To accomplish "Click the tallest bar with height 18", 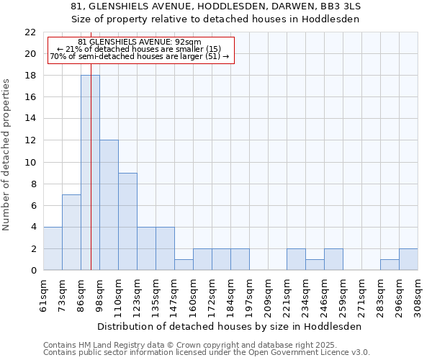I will (90, 173).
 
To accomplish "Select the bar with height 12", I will (109, 205).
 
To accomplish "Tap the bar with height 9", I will (127, 221).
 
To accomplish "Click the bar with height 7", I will (71, 232).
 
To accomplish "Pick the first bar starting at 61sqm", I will (53, 248).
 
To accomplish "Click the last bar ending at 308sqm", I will (408, 259).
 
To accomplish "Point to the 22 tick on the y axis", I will (30, 32).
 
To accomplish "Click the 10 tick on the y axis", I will (30, 162).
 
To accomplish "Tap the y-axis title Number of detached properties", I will (7, 155).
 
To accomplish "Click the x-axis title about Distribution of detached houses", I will (230, 326).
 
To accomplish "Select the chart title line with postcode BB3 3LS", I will (216, 6).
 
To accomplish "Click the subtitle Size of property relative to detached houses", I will (216, 19).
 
